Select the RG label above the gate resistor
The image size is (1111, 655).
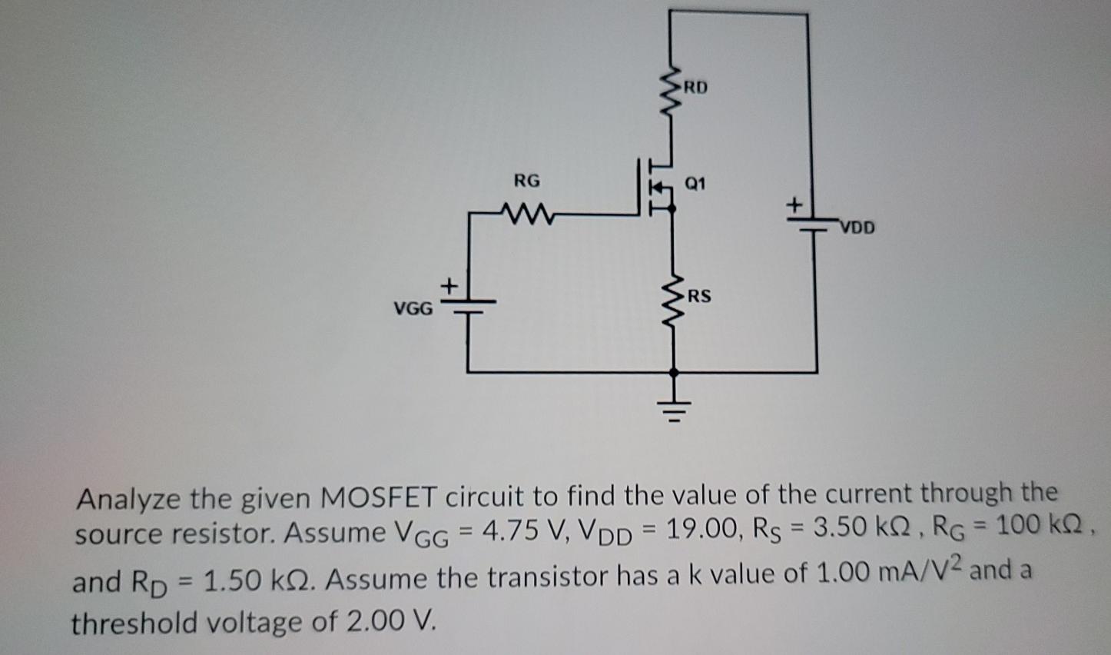(x=527, y=181)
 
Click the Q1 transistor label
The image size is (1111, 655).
(x=695, y=184)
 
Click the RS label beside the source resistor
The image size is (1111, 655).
(x=699, y=296)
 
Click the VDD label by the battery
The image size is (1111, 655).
(x=857, y=228)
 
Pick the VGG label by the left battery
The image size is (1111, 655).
(x=413, y=309)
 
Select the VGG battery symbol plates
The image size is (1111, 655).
(x=467, y=307)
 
